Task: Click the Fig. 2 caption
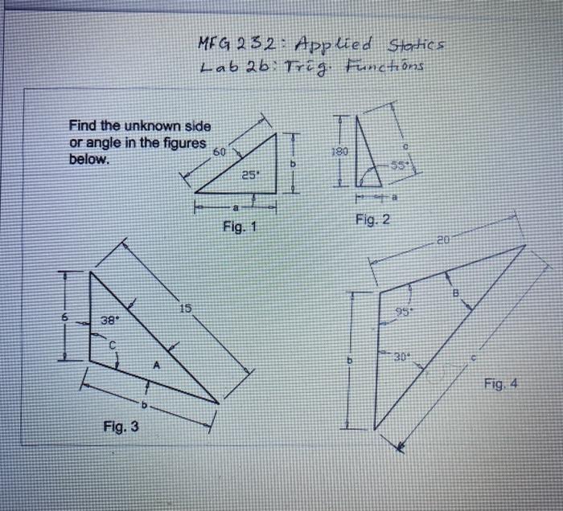coord(372,219)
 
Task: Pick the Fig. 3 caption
coord(121,426)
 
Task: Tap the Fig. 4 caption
coord(501,384)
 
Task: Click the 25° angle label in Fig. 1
coord(250,174)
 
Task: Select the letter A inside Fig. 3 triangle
coord(158,364)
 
